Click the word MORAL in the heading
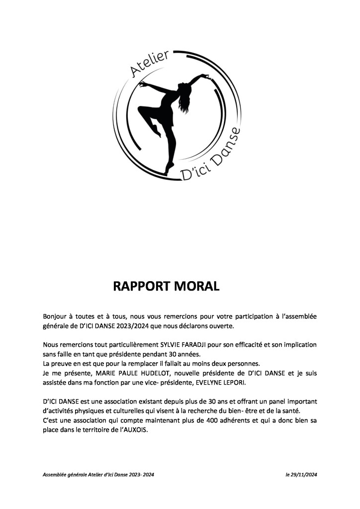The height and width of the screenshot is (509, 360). pyautogui.click(x=195, y=287)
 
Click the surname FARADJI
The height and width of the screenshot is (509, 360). pyautogui.click(x=200, y=344)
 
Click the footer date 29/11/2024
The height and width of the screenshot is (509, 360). pyautogui.click(x=304, y=475)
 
